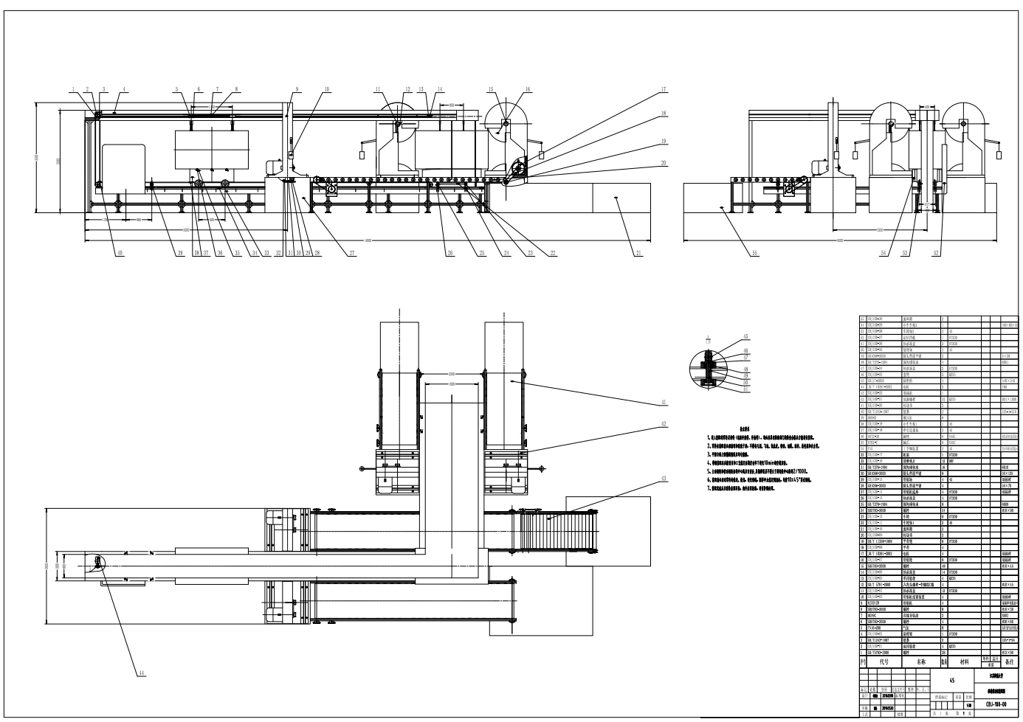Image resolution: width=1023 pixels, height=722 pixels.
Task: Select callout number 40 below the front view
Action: (x=120, y=254)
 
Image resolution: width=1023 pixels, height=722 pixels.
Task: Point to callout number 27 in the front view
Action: (x=352, y=254)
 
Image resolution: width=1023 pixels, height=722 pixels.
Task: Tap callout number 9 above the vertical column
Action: (x=297, y=90)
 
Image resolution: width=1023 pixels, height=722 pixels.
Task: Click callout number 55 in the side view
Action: (x=754, y=254)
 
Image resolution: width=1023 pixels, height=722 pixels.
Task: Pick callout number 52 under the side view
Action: (x=937, y=254)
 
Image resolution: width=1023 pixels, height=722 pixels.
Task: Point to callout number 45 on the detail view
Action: (x=745, y=337)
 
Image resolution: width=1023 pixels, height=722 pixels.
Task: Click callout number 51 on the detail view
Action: (x=745, y=389)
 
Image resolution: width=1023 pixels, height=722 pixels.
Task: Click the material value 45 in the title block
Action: (x=951, y=681)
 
